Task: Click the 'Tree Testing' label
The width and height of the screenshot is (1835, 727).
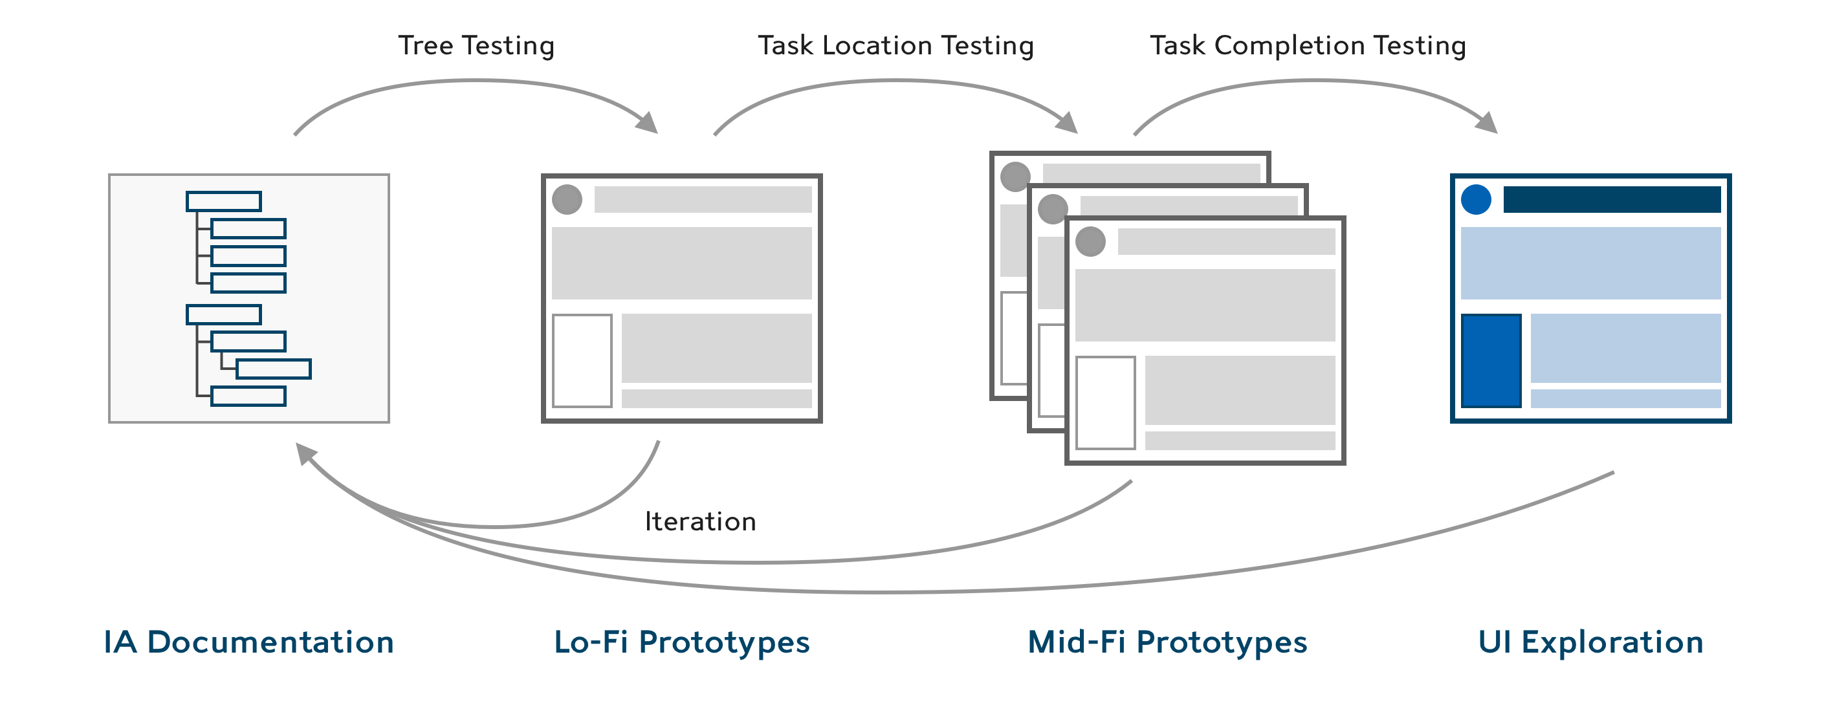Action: click(476, 45)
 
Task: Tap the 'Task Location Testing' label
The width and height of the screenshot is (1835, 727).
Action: click(896, 45)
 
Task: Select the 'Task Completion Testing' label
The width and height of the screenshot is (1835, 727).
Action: click(1308, 45)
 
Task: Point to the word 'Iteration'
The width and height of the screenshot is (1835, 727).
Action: click(700, 522)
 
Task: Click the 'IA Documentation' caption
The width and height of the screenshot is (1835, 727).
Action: click(248, 642)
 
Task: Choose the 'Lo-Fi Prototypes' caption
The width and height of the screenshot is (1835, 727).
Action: click(682, 642)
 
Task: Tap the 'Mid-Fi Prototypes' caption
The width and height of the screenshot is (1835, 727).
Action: click(1167, 642)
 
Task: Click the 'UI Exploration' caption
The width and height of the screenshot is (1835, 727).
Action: click(1590, 642)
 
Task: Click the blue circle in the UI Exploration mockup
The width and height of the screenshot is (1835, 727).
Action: click(1476, 200)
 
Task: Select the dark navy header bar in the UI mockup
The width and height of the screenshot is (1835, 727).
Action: click(1612, 200)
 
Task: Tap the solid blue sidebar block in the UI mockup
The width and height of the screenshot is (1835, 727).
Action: click(1491, 361)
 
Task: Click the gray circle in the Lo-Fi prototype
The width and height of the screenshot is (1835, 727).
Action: click(567, 199)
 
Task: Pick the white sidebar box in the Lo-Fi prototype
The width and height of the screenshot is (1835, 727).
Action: click(582, 361)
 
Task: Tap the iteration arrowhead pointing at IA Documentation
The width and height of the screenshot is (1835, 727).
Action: click(305, 453)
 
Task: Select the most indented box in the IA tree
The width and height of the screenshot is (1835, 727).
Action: click(274, 369)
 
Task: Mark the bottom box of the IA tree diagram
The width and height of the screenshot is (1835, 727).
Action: click(248, 396)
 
